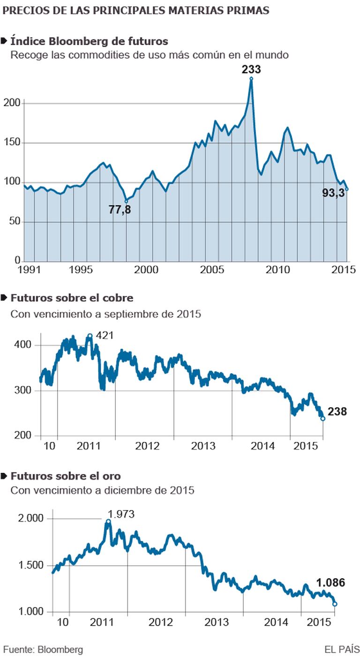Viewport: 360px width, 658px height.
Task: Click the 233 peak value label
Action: (251, 69)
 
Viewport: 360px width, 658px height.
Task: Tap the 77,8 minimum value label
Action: (120, 209)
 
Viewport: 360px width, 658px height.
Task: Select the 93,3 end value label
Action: (334, 192)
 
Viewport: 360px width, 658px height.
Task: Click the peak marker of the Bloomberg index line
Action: (251, 79)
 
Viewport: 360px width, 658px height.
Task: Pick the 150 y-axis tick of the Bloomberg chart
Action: (14, 143)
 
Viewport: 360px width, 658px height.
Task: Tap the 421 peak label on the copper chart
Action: (105, 336)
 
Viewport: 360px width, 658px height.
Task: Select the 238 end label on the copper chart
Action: (337, 412)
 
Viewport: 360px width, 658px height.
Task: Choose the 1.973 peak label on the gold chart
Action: (121, 514)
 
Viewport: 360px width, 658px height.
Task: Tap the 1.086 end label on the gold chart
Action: (330, 583)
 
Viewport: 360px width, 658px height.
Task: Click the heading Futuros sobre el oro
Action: (66, 476)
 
